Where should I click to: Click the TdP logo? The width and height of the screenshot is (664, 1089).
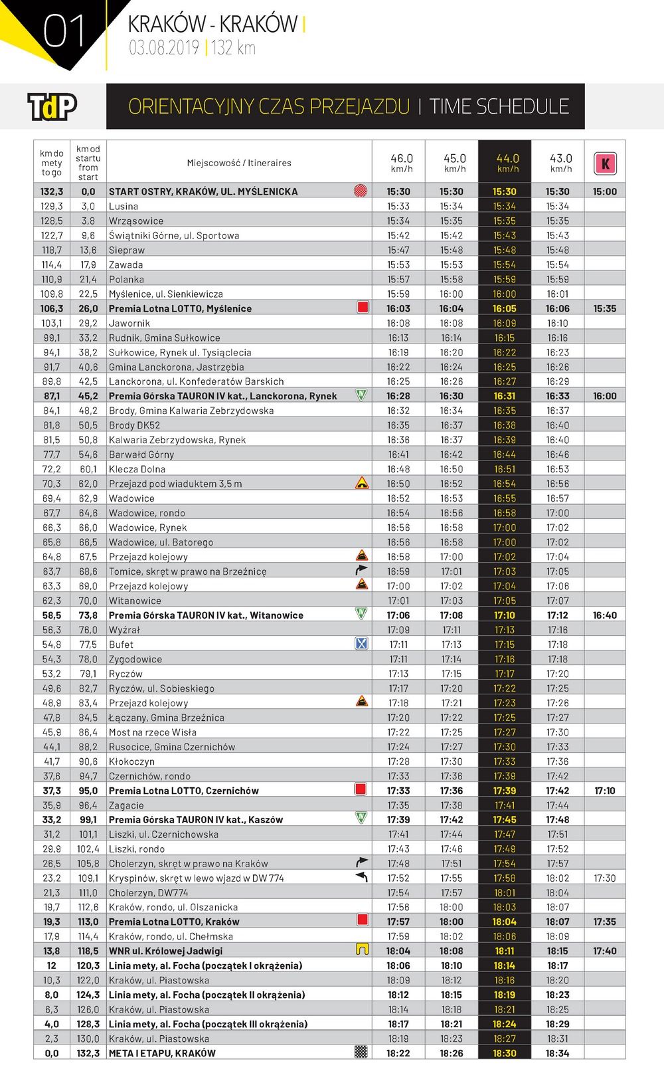[52, 106]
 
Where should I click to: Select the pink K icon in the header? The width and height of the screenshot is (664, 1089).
[605, 163]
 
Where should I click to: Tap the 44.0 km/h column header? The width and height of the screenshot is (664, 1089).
[507, 163]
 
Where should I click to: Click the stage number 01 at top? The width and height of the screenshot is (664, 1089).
[64, 32]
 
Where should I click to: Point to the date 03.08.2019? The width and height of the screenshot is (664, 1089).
[164, 48]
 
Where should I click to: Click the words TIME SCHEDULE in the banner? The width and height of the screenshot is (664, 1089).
[499, 106]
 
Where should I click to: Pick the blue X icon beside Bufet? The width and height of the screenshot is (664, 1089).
[361, 643]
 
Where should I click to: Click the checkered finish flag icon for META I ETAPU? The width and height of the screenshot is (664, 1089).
[361, 1052]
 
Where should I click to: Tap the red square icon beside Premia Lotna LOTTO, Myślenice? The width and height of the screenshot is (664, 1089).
[363, 307]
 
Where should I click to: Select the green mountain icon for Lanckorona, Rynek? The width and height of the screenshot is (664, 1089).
[361, 394]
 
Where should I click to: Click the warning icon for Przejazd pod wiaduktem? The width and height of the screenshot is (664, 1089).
[362, 483]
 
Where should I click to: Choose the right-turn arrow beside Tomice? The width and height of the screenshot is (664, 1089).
[361, 570]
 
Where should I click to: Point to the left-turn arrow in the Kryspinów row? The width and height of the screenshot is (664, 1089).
[361, 877]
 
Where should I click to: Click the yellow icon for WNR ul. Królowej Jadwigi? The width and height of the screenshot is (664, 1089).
[362, 949]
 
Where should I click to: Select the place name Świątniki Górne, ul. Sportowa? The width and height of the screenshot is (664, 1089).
[174, 235]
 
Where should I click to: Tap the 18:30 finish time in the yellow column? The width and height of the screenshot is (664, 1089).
[505, 1053]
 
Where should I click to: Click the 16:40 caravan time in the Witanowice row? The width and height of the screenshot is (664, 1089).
[604, 615]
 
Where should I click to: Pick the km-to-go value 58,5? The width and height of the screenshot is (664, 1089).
[52, 615]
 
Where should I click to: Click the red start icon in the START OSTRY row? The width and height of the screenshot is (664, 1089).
[361, 191]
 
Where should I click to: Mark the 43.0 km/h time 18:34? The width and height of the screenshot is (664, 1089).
[558, 1053]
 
